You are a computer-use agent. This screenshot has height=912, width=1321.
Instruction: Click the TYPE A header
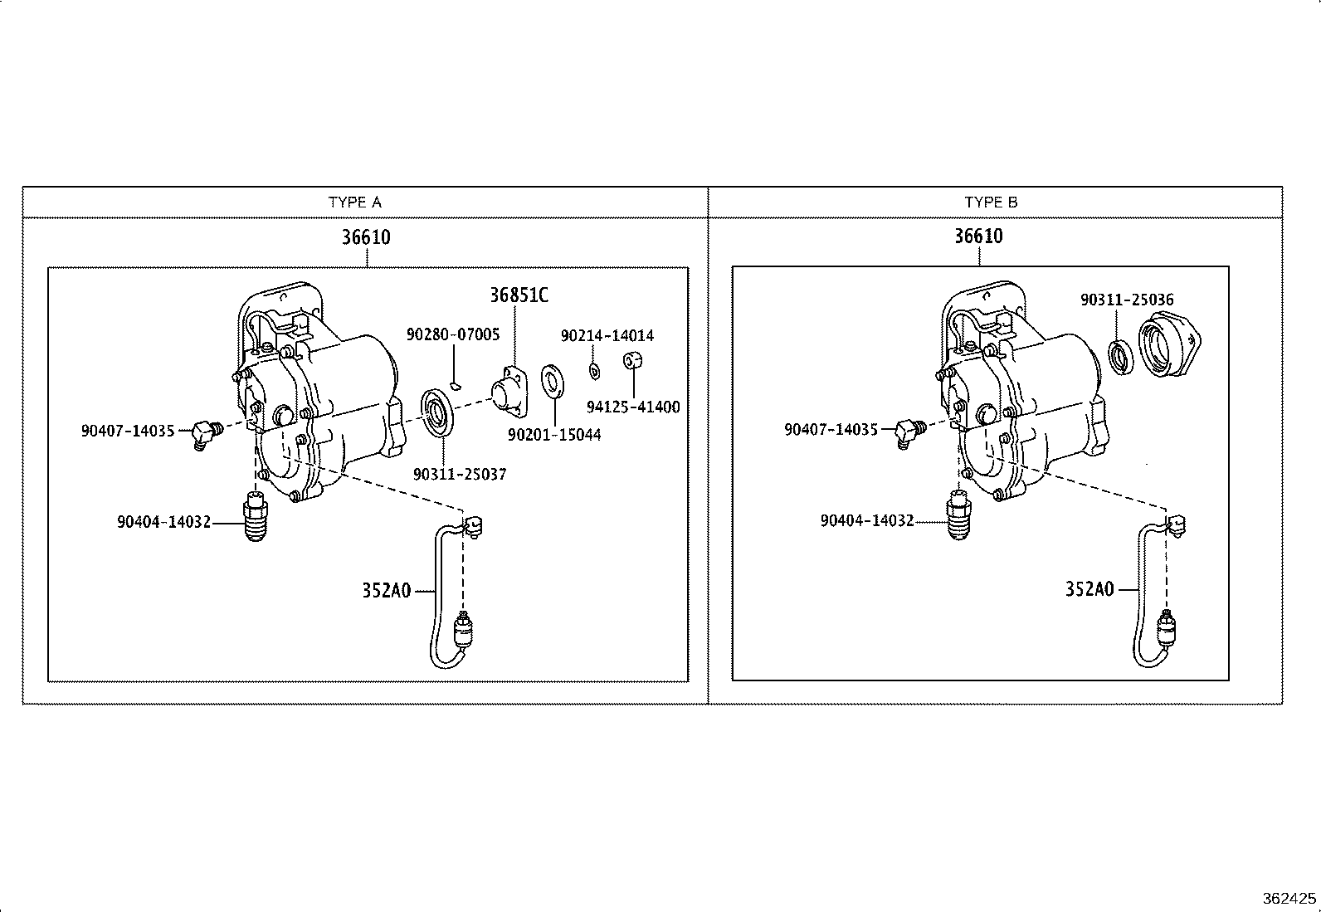tap(354, 202)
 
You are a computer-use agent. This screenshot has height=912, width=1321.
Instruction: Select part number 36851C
tap(519, 295)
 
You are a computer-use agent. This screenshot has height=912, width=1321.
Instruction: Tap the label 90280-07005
tap(453, 334)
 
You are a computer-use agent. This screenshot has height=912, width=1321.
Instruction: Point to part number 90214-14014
tap(607, 336)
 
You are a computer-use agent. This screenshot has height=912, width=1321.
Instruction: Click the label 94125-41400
tap(632, 407)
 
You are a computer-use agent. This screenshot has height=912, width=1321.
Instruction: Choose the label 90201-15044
tap(554, 435)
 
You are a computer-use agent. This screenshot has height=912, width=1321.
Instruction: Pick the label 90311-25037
tap(459, 475)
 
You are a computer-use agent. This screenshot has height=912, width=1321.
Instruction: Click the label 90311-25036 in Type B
tap(1127, 300)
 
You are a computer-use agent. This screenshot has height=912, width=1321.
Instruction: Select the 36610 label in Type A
tap(366, 237)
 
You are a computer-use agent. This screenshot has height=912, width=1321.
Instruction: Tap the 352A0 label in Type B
tap(1089, 589)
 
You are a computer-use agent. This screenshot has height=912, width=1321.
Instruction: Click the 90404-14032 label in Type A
tap(163, 522)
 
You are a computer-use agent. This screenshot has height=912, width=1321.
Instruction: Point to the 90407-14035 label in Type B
tap(831, 430)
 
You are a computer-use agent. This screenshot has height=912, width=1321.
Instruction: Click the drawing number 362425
tap(1289, 899)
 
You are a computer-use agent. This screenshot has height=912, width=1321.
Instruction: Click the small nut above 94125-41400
tap(633, 362)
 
